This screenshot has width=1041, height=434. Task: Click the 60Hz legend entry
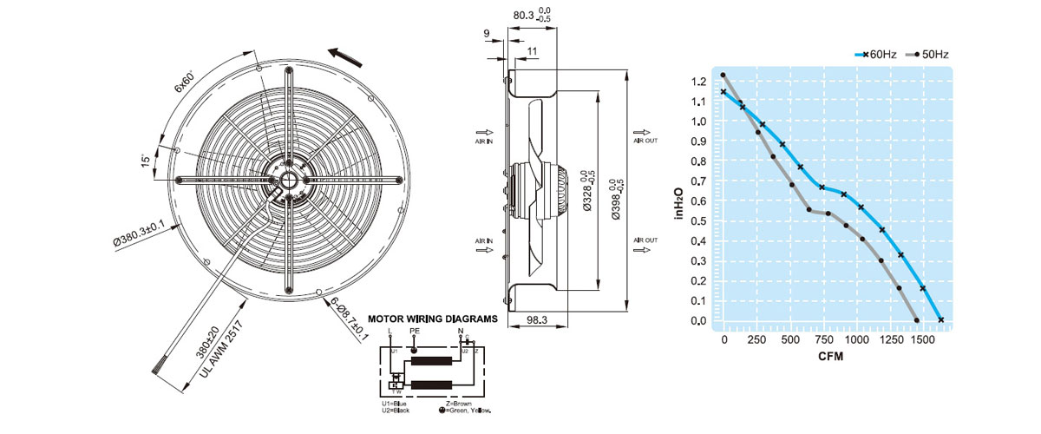pyautogui.click(x=875, y=54)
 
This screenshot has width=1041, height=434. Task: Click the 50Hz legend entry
pyautogui.click(x=927, y=54)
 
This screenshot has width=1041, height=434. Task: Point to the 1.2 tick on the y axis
pyautogui.click(x=698, y=82)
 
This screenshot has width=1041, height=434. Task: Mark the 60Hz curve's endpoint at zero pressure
pyautogui.click(x=941, y=320)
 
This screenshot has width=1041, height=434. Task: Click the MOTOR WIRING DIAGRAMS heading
pyautogui.click(x=433, y=319)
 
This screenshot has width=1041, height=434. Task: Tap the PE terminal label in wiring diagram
pyautogui.click(x=414, y=331)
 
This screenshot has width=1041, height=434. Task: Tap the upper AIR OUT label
pyautogui.click(x=645, y=140)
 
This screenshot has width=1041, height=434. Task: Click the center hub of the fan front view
pyautogui.click(x=286, y=180)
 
